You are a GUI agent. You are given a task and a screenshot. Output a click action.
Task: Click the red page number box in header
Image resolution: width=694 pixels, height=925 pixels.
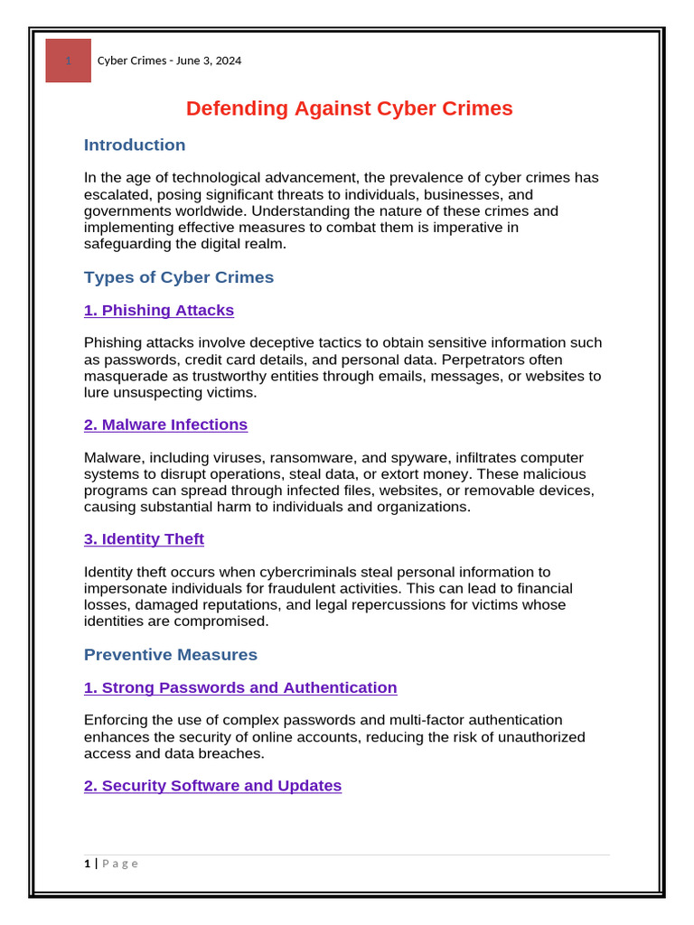tap(68, 61)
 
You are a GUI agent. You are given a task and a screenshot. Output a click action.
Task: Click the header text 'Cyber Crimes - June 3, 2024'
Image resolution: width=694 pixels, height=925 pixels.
tap(169, 61)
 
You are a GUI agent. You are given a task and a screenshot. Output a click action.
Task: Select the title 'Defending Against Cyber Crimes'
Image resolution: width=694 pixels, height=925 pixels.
tap(349, 108)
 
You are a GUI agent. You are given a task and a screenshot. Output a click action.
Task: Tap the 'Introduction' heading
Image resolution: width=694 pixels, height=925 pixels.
tap(135, 145)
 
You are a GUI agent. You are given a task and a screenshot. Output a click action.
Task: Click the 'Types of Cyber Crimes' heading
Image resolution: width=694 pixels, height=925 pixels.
tap(179, 277)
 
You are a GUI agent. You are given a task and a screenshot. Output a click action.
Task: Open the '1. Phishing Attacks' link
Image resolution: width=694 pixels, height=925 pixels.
tap(159, 311)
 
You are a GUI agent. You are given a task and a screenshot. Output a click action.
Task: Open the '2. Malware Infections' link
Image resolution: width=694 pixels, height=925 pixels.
tap(165, 425)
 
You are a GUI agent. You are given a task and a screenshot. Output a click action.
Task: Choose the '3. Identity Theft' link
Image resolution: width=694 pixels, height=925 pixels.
tap(144, 539)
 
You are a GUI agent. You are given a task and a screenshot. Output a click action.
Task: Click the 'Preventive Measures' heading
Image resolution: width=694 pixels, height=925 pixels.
tap(171, 655)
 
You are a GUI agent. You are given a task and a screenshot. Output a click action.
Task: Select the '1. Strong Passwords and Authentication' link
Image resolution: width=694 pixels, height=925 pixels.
tap(240, 687)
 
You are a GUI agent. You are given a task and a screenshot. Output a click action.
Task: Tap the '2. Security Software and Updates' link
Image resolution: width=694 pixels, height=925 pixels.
tap(212, 786)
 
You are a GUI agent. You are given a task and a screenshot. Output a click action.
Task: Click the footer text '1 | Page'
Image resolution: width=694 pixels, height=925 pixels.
tap(111, 864)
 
